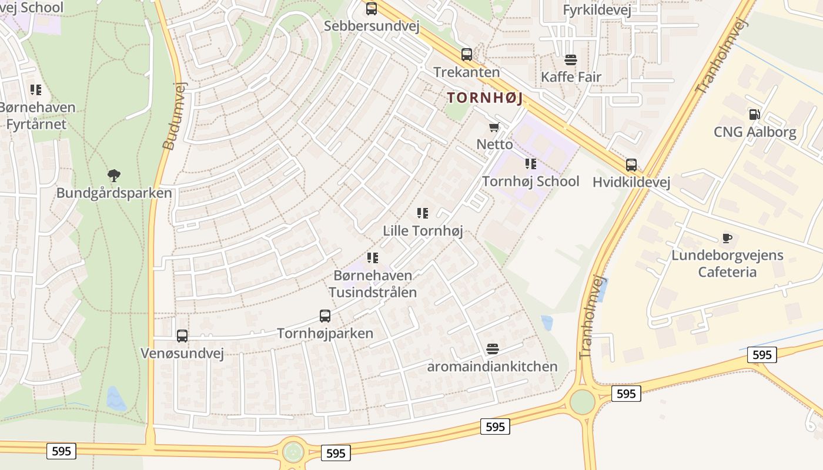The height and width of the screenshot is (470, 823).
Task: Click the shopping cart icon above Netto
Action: tap(494, 127)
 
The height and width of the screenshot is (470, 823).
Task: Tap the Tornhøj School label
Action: tap(530, 181)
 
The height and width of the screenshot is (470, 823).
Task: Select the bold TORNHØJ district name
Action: tap(485, 98)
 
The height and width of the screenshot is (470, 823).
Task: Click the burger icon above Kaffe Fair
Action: tap(570, 60)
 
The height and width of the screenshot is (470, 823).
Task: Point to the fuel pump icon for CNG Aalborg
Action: tap(754, 114)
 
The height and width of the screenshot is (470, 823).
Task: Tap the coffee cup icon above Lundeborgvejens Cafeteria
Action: tap(727, 238)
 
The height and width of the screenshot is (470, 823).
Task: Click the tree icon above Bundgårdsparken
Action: tap(114, 175)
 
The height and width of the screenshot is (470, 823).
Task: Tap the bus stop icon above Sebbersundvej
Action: tap(372, 9)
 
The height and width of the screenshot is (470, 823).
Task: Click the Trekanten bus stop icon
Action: tap(466, 55)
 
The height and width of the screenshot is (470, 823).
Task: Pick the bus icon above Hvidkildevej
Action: tap(631, 165)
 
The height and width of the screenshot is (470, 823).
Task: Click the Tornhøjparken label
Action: tap(325, 333)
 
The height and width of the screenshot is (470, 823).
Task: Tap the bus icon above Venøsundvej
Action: tap(182, 336)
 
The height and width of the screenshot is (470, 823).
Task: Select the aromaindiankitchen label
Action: tap(492, 367)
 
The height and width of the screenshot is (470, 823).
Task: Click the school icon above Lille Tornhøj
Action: tap(423, 213)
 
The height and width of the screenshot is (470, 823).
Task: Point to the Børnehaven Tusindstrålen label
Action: tap(373, 284)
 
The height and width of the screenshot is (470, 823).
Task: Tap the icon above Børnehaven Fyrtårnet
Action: tap(36, 90)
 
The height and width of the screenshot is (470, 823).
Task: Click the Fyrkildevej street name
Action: tap(597, 10)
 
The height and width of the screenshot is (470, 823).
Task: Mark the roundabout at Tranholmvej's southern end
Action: tap(582, 402)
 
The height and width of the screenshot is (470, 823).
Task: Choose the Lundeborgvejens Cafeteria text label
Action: tap(727, 264)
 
